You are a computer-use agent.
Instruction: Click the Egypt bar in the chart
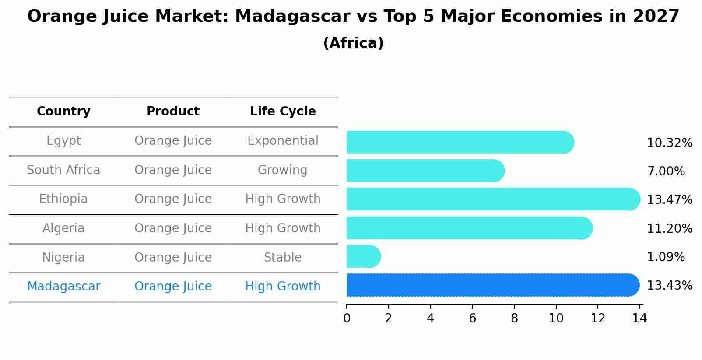(x=460, y=142)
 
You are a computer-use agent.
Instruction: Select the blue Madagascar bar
(x=492, y=285)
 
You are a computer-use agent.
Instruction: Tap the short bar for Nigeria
(x=363, y=256)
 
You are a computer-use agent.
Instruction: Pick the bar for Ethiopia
(x=493, y=199)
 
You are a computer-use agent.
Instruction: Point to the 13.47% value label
(x=670, y=200)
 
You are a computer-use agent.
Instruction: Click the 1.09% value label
(x=666, y=257)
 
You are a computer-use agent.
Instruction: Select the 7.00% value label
(x=666, y=171)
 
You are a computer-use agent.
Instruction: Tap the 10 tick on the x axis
(x=556, y=318)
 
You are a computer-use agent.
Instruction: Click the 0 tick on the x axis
(x=347, y=318)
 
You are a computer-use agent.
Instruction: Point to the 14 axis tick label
(x=639, y=318)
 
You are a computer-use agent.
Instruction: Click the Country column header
(x=63, y=112)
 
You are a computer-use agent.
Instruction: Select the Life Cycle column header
(x=283, y=112)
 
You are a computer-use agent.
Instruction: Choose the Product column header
(x=173, y=112)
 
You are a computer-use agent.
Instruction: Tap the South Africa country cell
(x=63, y=170)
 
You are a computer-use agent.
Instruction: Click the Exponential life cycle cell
(x=283, y=141)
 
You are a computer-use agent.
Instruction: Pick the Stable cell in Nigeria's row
(x=283, y=257)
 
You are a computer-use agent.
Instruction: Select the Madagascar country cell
(x=63, y=287)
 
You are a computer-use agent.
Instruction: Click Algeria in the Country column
(x=63, y=228)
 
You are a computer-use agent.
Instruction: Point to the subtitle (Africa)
(x=353, y=43)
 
